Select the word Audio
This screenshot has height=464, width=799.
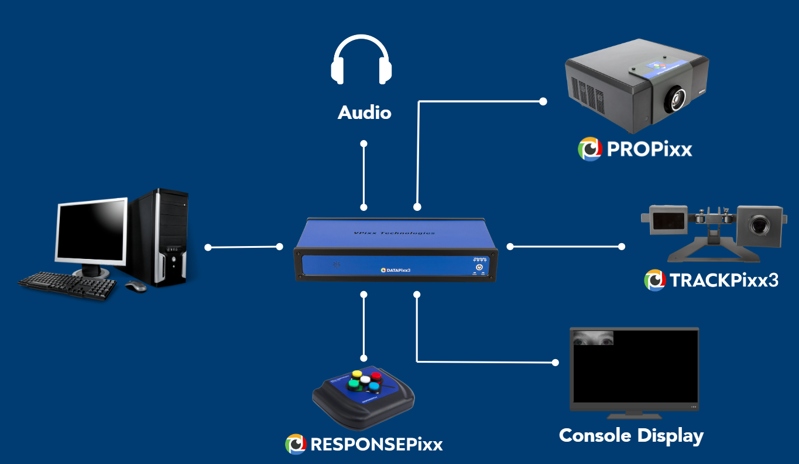tap(364, 112)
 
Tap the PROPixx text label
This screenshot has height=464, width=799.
tap(649, 149)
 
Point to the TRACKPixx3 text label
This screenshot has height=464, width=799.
tap(724, 280)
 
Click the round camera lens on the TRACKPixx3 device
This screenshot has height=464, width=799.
tap(759, 224)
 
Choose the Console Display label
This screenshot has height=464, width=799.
tap(631, 436)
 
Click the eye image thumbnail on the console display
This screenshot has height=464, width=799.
tap(594, 338)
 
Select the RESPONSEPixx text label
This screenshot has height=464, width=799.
tap(376, 444)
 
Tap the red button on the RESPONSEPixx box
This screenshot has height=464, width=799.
tap(376, 376)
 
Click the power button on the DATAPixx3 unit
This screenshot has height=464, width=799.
tap(479, 267)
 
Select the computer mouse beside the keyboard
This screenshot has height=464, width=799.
tap(136, 286)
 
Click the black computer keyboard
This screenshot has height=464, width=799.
tap(67, 285)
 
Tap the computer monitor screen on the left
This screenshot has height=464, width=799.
tap(92, 231)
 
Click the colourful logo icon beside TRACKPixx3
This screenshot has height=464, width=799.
tap(655, 280)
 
